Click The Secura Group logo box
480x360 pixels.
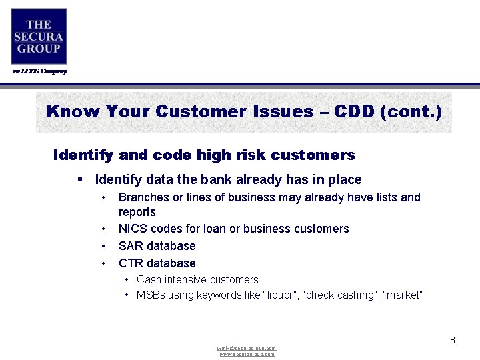(39, 36)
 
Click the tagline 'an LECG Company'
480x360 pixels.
(39, 71)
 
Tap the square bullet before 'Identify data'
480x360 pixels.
(79, 179)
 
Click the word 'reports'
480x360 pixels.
(137, 212)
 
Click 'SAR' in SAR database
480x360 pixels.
(131, 246)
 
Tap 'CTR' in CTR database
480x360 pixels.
(131, 263)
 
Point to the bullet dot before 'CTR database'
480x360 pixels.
(103, 263)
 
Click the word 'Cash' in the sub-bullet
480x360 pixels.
(149, 280)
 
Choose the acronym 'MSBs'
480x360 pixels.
(151, 295)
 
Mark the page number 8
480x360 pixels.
(452, 340)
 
